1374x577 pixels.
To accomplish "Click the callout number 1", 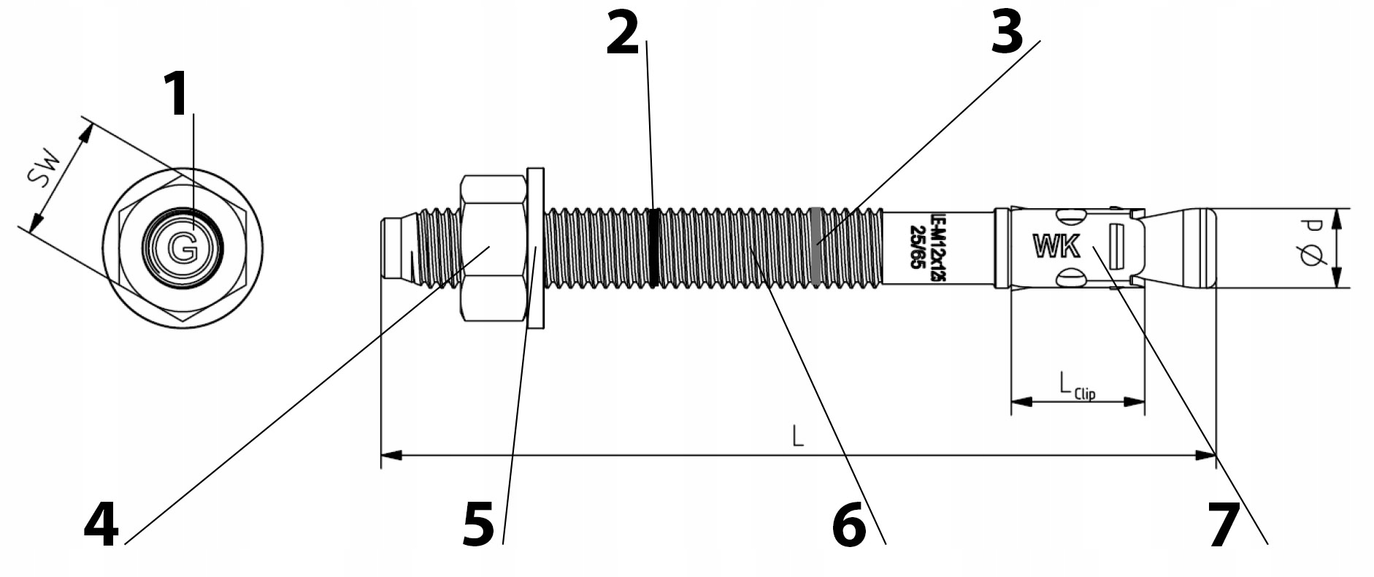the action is pos(175,95).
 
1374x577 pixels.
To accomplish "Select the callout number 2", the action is pos(622,34).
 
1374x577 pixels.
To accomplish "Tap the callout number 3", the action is pos(1007,33).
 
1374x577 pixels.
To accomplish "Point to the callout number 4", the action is pos(101,526).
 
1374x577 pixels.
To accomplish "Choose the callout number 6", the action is pos(849,526).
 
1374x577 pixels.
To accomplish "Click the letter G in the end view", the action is pos(183,249).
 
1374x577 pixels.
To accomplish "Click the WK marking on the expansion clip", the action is pos(1056,247).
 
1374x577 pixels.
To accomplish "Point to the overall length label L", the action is pos(798,437).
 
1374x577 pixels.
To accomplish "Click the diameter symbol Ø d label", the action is pos(1312,248).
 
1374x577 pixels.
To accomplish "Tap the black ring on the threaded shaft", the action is pos(654,248).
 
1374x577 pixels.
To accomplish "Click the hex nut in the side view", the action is pos(494,248).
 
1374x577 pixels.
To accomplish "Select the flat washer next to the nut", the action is pos(536,248).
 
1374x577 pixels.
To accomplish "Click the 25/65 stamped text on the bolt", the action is pos(915,248).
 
